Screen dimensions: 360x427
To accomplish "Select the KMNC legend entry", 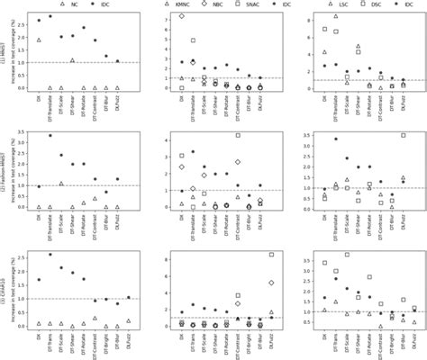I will [x=186, y=4].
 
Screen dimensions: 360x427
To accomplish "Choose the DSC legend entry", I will [x=359, y=4].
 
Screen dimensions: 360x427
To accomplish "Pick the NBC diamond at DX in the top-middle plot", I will [x=182, y=16].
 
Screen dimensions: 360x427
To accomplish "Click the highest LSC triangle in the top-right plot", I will [x=336, y=16].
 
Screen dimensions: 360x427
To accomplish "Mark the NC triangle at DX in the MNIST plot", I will [x=39, y=40].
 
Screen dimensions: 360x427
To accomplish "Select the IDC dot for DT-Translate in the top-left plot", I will [x=50, y=16].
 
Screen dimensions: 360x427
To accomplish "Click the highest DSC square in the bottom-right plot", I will [x=347, y=255].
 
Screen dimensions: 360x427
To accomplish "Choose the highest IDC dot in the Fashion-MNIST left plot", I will [x=50, y=136].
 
